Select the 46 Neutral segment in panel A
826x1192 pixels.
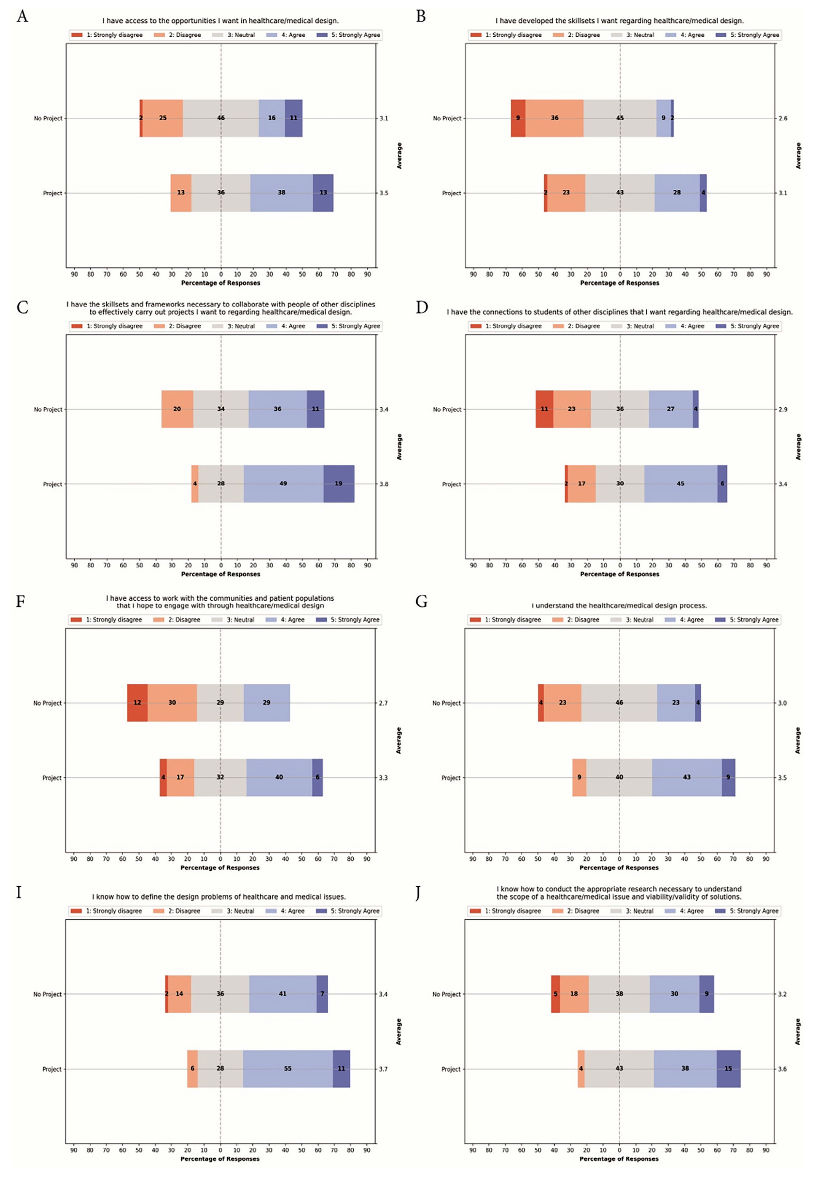(x=221, y=118)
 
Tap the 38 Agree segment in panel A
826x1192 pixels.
(x=281, y=193)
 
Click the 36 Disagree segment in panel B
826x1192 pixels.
(x=554, y=118)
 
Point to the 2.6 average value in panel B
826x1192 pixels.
(x=783, y=118)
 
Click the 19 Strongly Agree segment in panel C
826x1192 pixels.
(x=339, y=484)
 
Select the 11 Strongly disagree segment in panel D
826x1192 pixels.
(x=544, y=409)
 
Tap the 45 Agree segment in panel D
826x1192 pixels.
(x=680, y=484)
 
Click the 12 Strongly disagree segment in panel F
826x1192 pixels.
(x=137, y=702)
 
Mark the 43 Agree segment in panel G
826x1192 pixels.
(x=686, y=778)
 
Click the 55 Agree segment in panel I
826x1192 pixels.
(x=287, y=1068)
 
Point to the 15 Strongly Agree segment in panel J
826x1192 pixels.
(x=728, y=1068)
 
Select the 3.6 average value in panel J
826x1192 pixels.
(x=782, y=1069)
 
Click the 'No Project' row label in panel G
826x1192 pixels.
(x=446, y=703)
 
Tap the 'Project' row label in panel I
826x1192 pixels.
(x=52, y=1069)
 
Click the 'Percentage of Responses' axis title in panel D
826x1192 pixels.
(x=619, y=574)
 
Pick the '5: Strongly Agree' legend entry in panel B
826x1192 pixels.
(x=748, y=35)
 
